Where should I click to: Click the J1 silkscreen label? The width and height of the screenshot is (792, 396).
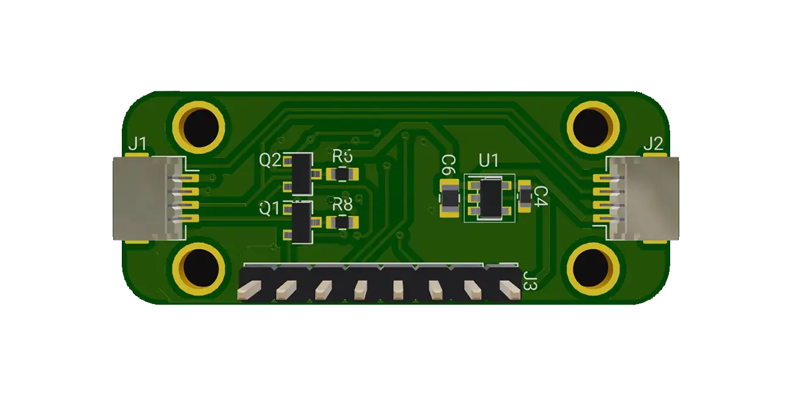(137, 144)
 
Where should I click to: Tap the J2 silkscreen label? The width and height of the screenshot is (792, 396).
(653, 144)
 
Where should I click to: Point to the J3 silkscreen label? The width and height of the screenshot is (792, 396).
(530, 281)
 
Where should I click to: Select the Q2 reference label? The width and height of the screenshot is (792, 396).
(270, 161)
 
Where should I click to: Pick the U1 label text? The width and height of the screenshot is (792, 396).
(489, 161)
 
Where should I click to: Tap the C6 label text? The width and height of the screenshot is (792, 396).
(448, 165)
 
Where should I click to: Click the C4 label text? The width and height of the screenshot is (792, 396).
(540, 197)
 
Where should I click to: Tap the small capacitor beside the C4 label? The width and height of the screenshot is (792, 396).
(525, 196)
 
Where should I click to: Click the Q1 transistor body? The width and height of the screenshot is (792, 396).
(302, 222)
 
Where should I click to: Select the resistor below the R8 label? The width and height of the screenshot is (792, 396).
(343, 222)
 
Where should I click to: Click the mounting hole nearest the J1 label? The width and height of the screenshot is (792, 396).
(199, 126)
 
